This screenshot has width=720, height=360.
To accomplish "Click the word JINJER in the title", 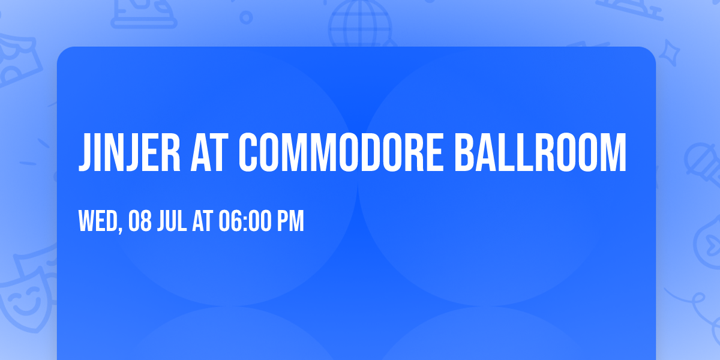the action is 130,152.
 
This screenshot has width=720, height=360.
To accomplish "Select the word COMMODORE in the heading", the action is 341,152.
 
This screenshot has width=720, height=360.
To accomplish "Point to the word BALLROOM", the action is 541,152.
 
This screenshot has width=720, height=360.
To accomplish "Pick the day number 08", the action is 140,221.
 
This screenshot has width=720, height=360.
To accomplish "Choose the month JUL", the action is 172,221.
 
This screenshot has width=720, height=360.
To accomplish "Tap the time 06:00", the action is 245,221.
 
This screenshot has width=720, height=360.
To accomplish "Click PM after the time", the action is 290,221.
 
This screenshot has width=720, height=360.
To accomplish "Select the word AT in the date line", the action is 203,221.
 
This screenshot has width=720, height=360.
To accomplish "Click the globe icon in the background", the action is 360,24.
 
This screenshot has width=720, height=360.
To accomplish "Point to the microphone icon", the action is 703,164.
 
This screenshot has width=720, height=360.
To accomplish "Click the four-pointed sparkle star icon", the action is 669,53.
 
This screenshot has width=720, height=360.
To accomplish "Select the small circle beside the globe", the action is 246,17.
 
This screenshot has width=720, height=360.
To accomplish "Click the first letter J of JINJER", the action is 84,152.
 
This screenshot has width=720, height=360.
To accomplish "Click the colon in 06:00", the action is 245,223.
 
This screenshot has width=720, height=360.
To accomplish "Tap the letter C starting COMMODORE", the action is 248,152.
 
